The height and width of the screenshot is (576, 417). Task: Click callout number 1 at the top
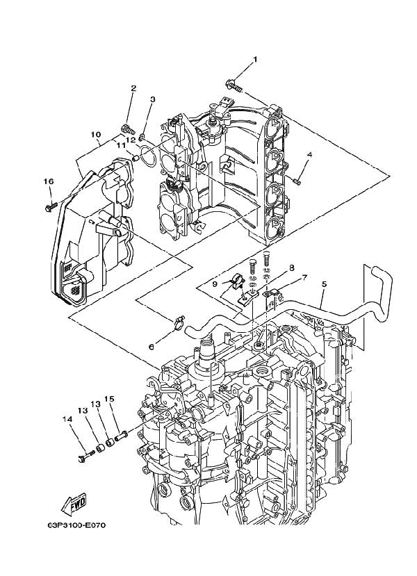(x=255, y=60)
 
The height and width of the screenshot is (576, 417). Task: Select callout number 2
(x=133, y=88)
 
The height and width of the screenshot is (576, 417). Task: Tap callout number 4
(x=309, y=154)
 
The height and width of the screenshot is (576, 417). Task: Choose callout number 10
(x=96, y=134)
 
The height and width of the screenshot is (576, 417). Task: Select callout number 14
(x=67, y=419)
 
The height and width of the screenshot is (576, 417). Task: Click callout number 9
(x=215, y=283)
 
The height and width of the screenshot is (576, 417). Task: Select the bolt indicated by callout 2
(x=128, y=128)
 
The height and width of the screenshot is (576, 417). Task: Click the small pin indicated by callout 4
(x=297, y=182)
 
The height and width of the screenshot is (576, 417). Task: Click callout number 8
(x=292, y=266)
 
